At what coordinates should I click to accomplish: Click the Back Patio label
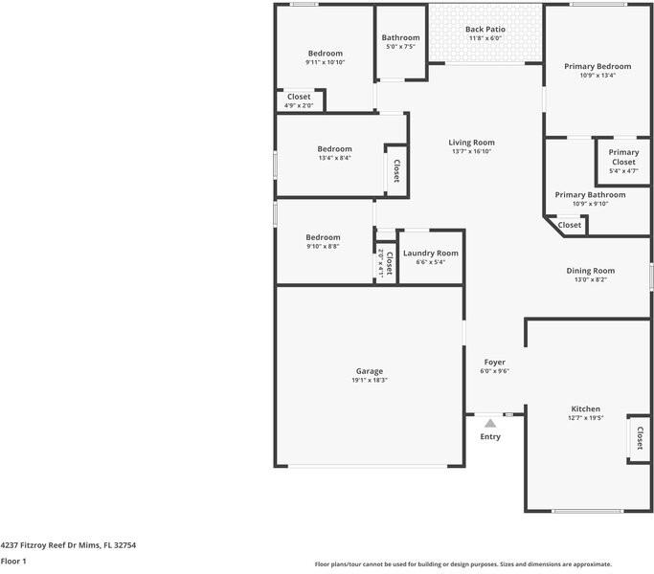485,30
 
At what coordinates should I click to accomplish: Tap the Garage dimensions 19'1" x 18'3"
370,380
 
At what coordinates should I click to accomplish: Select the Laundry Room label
430,254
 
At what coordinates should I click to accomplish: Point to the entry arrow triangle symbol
490,422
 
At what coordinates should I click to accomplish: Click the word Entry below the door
490,436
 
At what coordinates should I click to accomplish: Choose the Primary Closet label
623,157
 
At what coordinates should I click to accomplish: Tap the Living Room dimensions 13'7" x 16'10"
472,151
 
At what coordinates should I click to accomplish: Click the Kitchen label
586,408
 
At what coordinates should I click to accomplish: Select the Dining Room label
595,271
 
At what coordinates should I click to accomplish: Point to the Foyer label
494,362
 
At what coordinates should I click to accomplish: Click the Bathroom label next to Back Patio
400,38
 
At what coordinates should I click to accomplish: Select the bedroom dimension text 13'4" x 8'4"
334,158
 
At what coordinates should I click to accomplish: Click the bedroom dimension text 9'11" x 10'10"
325,62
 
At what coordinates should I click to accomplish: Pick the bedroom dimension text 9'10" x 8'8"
323,246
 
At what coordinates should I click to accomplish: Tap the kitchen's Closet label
638,439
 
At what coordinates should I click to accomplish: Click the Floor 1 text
13,562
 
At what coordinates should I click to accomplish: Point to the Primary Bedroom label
598,66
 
